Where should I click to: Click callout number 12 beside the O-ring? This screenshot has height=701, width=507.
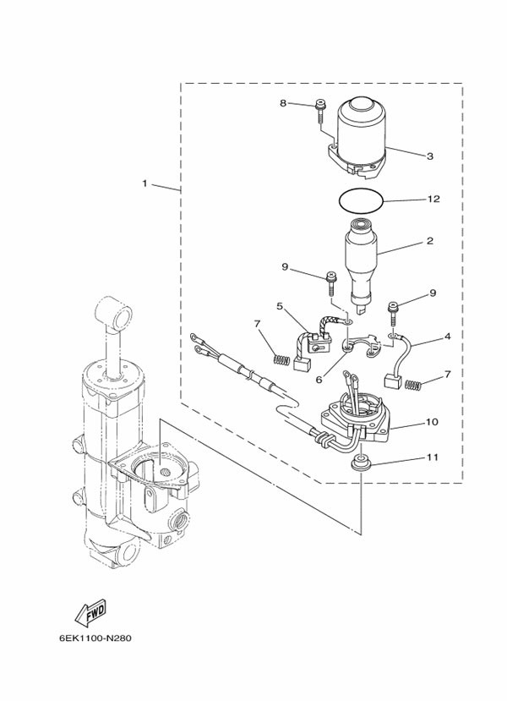pyautogui.click(x=433, y=199)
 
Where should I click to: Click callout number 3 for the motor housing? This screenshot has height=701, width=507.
pyautogui.click(x=430, y=156)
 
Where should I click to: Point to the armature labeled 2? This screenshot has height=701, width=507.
pyautogui.click(x=362, y=264)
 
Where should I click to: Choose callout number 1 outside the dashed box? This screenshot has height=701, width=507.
pyautogui.click(x=144, y=183)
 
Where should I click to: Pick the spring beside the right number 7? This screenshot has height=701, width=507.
pyautogui.click(x=412, y=385)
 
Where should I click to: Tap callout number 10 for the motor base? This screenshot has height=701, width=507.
pyautogui.click(x=432, y=422)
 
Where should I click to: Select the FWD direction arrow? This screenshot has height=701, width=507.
pyautogui.click(x=90, y=611)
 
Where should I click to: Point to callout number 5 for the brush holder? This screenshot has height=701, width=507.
pyautogui.click(x=280, y=306)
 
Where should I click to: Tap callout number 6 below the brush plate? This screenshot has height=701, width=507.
pyautogui.click(x=319, y=379)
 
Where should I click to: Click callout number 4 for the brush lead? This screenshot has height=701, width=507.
pyautogui.click(x=447, y=337)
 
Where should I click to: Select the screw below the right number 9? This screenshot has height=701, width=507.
pyautogui.click(x=393, y=315)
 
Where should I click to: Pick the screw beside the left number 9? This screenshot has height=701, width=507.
pyautogui.click(x=331, y=283)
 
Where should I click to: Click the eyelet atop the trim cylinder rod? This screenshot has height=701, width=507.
pyautogui.click(x=115, y=313)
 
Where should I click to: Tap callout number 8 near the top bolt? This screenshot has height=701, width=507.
pyautogui.click(x=283, y=103)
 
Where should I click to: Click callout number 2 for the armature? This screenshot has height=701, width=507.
pyautogui.click(x=430, y=241)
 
